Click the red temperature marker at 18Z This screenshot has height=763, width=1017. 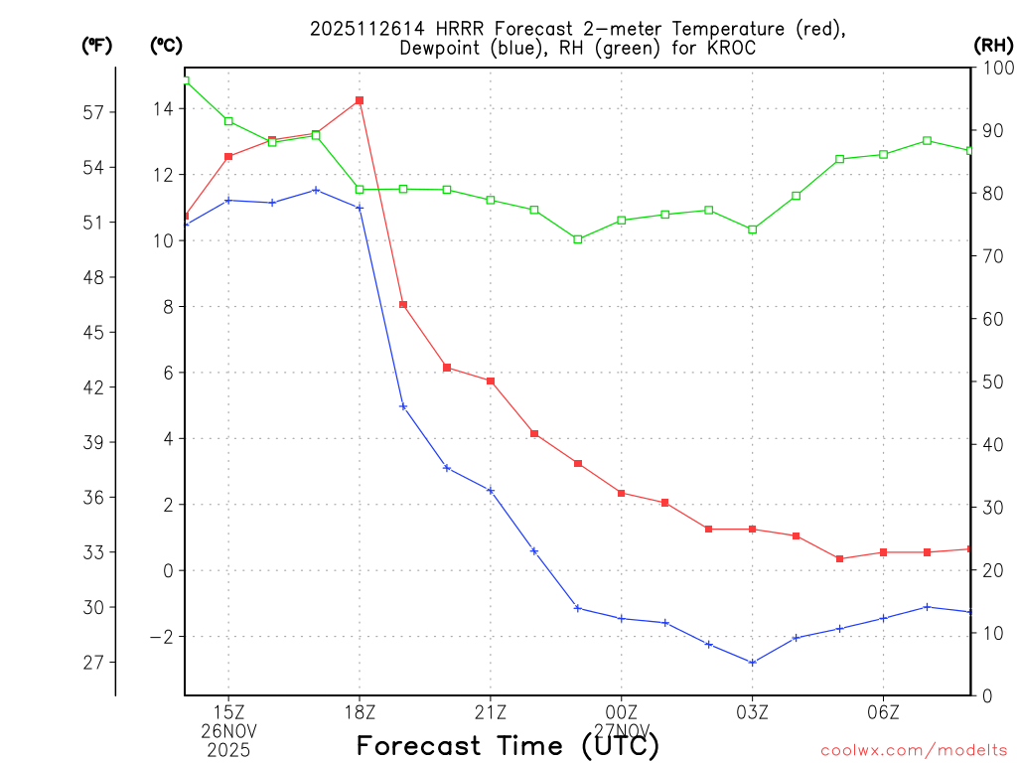click(x=360, y=100)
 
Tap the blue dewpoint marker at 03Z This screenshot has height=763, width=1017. click(x=753, y=663)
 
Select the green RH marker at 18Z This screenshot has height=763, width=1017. click(x=360, y=189)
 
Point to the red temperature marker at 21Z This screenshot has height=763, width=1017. click(x=491, y=381)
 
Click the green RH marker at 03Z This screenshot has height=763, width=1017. click(x=753, y=229)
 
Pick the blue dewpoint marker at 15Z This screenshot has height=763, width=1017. click(x=228, y=200)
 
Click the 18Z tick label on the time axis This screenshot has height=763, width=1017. click(x=360, y=711)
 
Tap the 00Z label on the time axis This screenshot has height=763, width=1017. click(x=622, y=711)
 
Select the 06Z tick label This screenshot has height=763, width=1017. click(x=884, y=711)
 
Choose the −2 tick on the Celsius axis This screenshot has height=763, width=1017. click(x=159, y=637)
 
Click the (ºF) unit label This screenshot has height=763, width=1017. click(x=96, y=46)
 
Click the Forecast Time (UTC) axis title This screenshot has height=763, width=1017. click(x=508, y=745)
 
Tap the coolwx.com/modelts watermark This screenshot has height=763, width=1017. click(x=914, y=750)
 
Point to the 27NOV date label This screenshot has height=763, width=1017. click(x=622, y=730)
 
